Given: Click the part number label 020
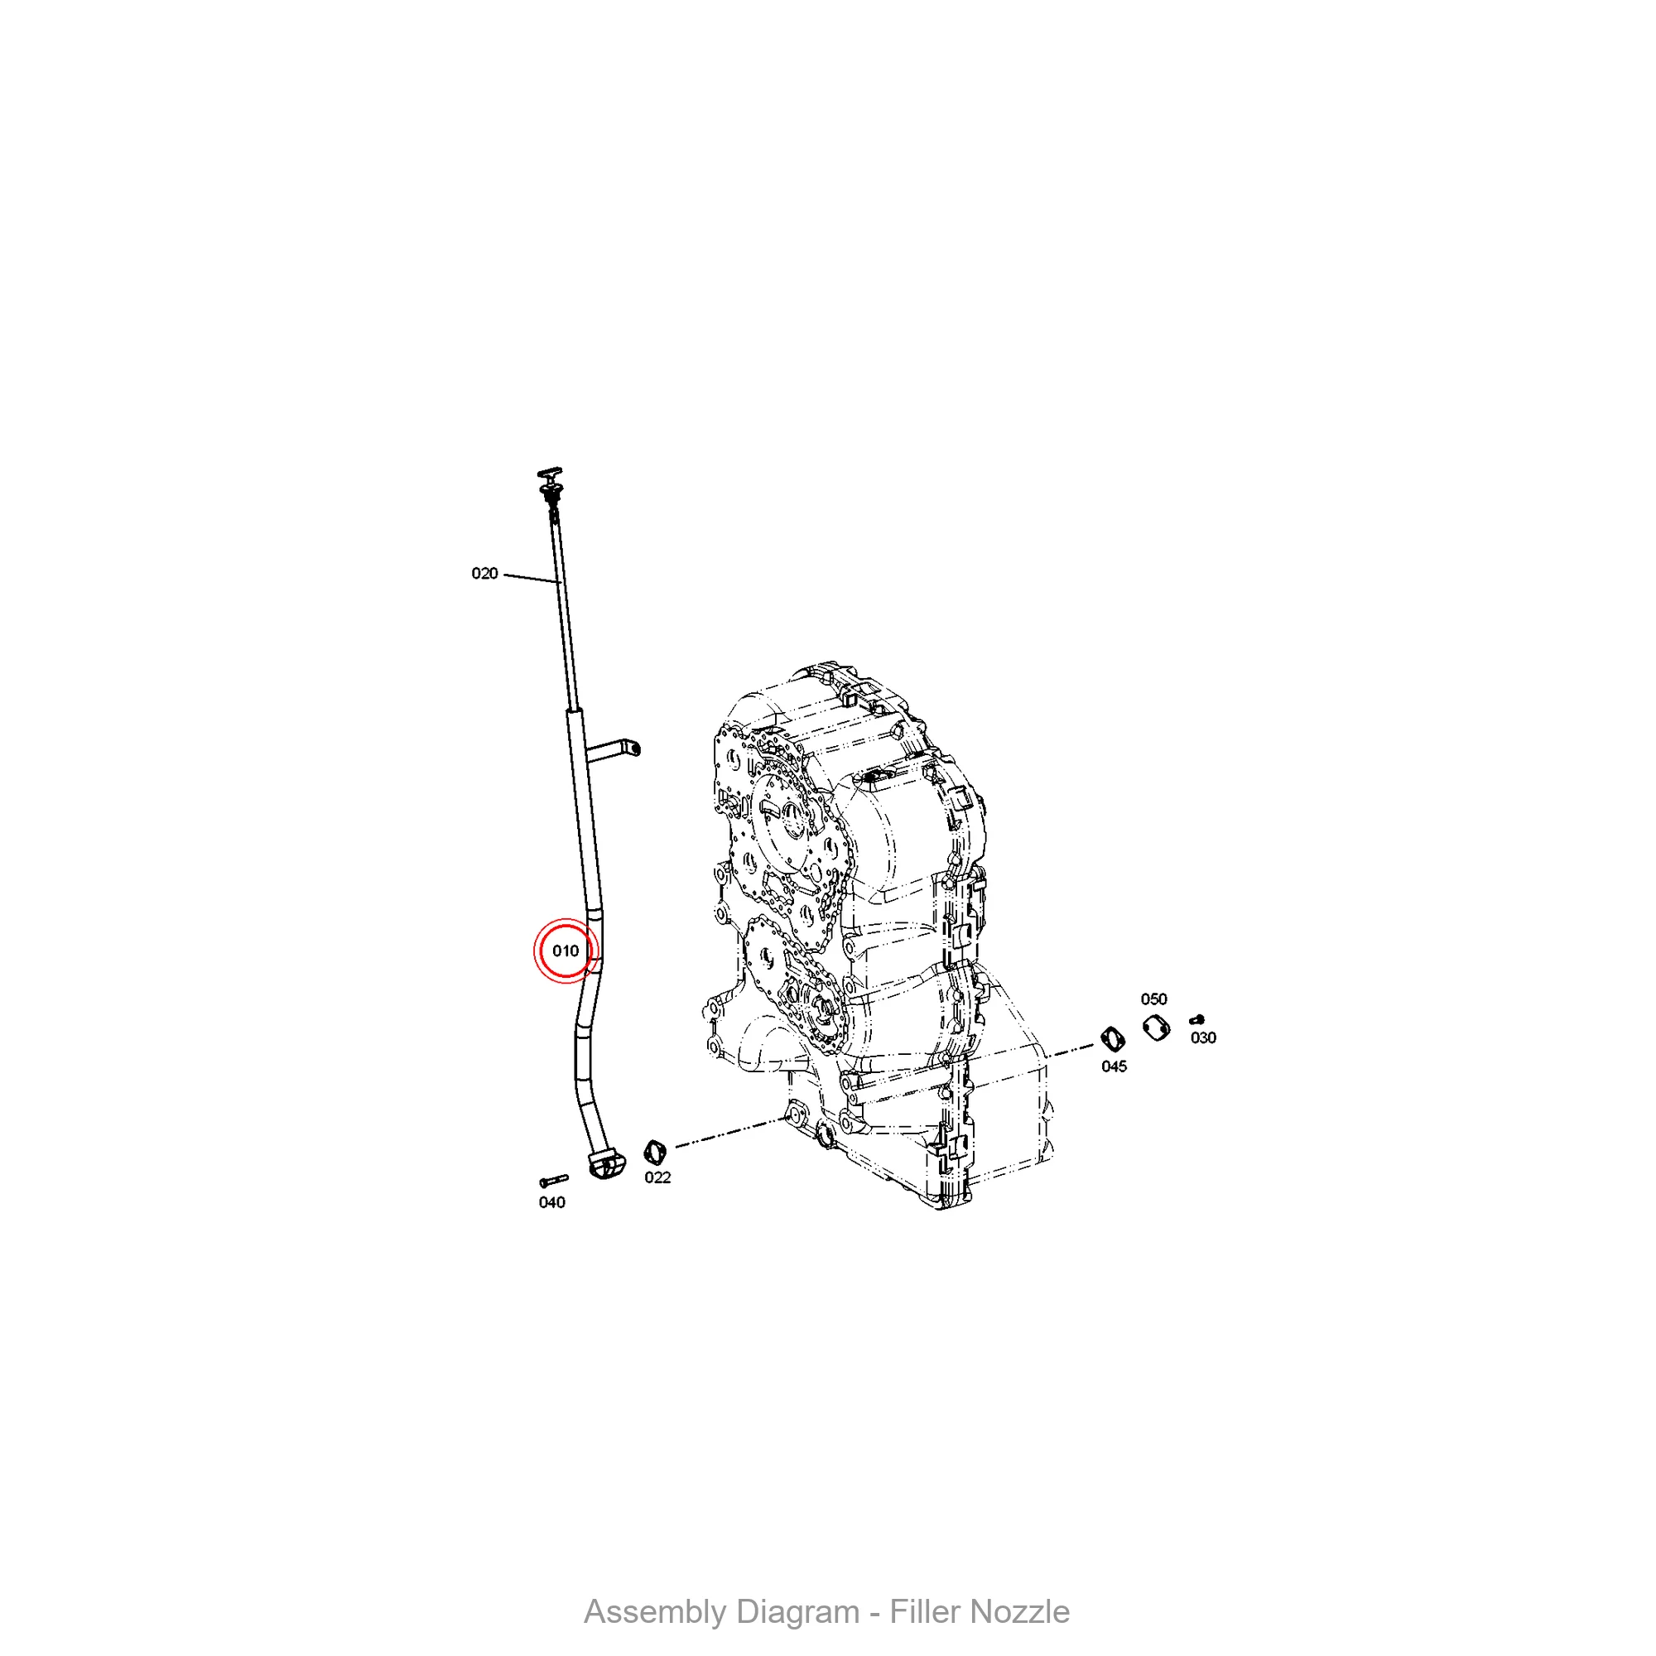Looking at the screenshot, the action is pos(484,574).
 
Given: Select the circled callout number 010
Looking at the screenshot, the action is pos(566,951).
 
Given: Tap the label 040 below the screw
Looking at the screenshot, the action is pos(552,1202).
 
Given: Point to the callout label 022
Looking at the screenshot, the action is pos(657,1177).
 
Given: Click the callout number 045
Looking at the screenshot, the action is pos(1114,1066).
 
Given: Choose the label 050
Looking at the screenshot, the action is pos(1153,999).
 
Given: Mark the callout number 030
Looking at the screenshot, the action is pos(1203,1037).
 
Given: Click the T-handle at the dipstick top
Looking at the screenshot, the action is pos(551,473).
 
